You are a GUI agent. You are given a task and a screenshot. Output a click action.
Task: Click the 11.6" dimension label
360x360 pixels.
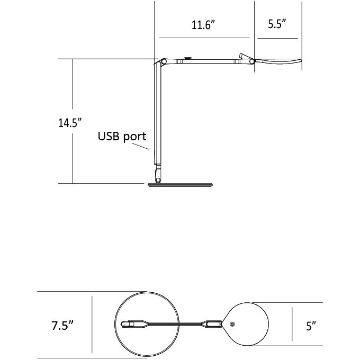[204, 25]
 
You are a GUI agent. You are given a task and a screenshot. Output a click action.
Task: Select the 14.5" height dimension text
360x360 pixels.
[70, 123]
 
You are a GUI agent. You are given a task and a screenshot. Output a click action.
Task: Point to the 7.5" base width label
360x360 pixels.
[62, 325]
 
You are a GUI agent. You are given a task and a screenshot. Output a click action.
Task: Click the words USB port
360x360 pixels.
[122, 136]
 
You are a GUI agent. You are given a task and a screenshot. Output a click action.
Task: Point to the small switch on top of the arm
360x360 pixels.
[187, 58]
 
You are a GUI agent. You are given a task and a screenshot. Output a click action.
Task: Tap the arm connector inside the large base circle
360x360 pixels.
[132, 323]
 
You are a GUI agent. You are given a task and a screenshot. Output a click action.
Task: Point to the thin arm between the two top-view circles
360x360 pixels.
[175, 323]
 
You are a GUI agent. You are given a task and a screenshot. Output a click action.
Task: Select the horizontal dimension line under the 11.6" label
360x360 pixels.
[204, 38]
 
